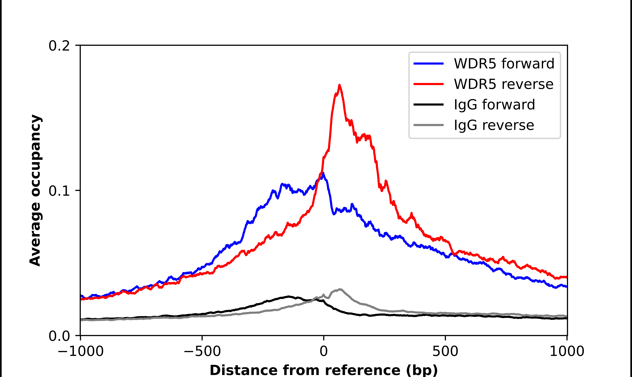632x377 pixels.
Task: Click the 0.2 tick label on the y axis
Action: (x=59, y=46)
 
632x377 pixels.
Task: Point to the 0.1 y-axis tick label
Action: (x=59, y=191)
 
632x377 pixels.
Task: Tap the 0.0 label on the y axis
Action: (x=59, y=336)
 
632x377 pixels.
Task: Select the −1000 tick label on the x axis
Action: (x=81, y=351)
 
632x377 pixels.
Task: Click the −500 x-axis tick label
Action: (x=202, y=351)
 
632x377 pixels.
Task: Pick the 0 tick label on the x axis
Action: (x=323, y=351)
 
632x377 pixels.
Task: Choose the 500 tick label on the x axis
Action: (x=445, y=351)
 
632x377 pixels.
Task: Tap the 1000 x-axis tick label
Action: (x=567, y=351)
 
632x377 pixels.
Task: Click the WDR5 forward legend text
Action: (x=504, y=64)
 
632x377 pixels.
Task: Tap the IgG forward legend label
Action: (x=494, y=105)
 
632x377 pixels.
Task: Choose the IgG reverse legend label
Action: (x=494, y=125)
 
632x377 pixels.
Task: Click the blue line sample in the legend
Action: (x=428, y=64)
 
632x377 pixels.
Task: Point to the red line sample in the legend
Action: (x=428, y=84)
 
